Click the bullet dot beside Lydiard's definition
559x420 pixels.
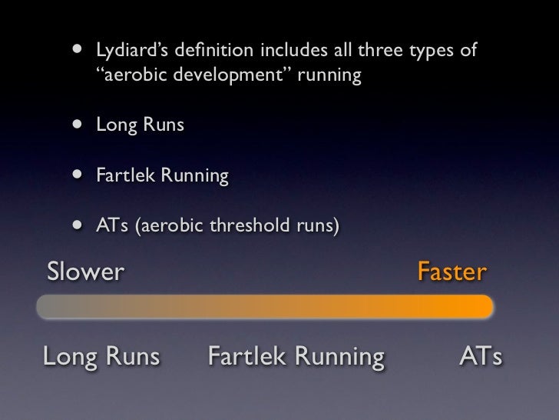tap(77, 52)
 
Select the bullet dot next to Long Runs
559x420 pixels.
tap(77, 125)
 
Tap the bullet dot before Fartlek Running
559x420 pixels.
tap(77, 176)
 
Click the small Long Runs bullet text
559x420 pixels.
tap(140, 125)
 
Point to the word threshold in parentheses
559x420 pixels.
tap(255, 227)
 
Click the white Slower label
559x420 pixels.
tap(84, 272)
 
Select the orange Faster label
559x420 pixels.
tap(451, 272)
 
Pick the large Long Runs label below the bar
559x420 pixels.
tap(101, 357)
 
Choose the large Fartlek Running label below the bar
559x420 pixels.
tap(296, 357)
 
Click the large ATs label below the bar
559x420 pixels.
tap(481, 357)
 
